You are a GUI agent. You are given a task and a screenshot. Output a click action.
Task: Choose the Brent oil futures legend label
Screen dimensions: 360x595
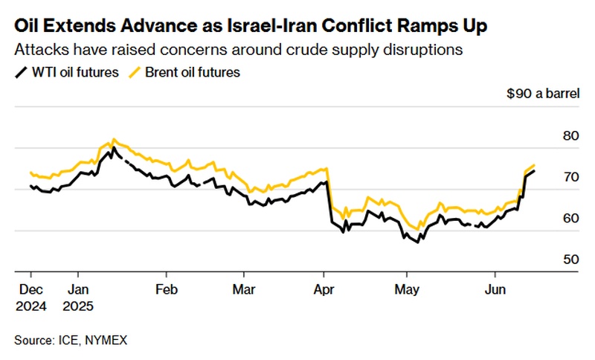point(193,73)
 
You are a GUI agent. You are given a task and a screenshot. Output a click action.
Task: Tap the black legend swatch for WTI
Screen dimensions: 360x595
point(19,73)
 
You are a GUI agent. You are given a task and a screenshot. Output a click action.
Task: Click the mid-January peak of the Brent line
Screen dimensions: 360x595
point(113,138)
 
